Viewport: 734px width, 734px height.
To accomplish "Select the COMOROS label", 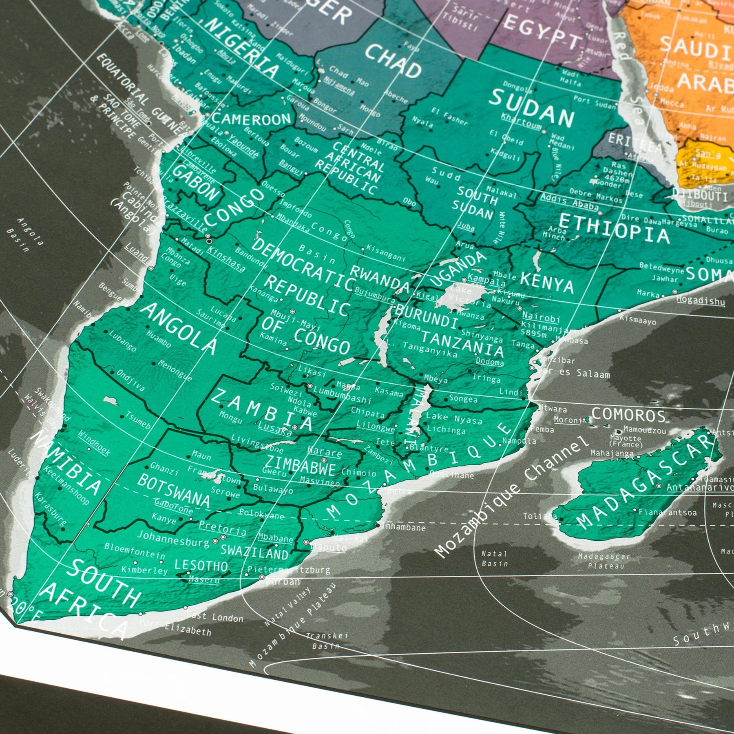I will (628, 415).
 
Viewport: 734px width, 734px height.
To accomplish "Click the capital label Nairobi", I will (541, 317).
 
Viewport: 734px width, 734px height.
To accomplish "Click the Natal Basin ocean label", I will (495, 559).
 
